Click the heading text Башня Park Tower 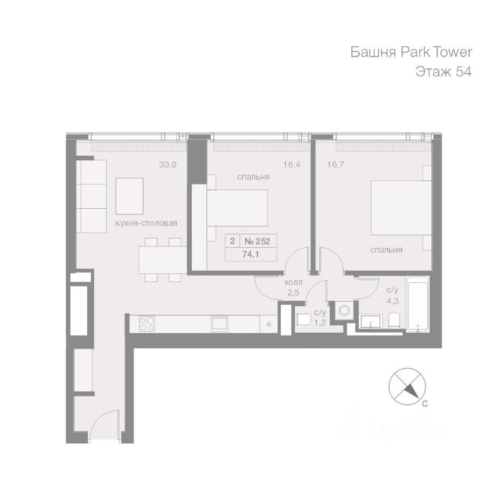click(411, 52)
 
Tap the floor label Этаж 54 click(443, 72)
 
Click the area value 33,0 click(168, 165)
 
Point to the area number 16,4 click(292, 165)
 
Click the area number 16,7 click(336, 165)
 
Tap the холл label click(293, 283)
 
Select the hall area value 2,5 click(293, 293)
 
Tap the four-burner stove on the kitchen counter click(147, 323)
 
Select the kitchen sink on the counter click(220, 323)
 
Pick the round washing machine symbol click(345, 310)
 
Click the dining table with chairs click(160, 260)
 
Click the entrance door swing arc click(103, 425)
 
